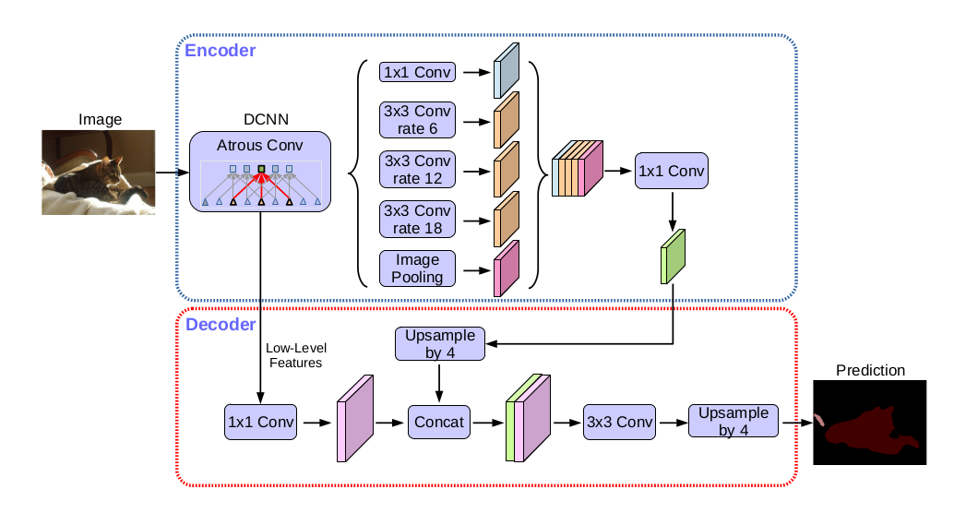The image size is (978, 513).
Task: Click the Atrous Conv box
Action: pos(260,171)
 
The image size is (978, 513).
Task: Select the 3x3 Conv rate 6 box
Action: pos(417,121)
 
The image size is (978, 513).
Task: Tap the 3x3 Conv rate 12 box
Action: pos(417,171)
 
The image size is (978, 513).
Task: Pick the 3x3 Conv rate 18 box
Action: pos(417,221)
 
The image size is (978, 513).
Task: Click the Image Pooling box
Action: pos(417,268)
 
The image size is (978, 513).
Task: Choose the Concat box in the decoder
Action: pos(438,422)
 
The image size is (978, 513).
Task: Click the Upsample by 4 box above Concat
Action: pos(439,344)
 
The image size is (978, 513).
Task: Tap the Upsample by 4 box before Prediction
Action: pos(733,422)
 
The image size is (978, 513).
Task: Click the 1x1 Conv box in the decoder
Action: pos(261,422)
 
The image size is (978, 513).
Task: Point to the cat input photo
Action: pos(98,173)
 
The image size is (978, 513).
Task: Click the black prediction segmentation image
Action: pos(869,422)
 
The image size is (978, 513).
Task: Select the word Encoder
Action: pos(221,51)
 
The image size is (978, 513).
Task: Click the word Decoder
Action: pos(221,325)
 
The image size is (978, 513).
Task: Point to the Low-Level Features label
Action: pos(296,355)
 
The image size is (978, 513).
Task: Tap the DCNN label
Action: pos(260,119)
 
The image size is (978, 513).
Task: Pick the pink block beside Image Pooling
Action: pos(507,268)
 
